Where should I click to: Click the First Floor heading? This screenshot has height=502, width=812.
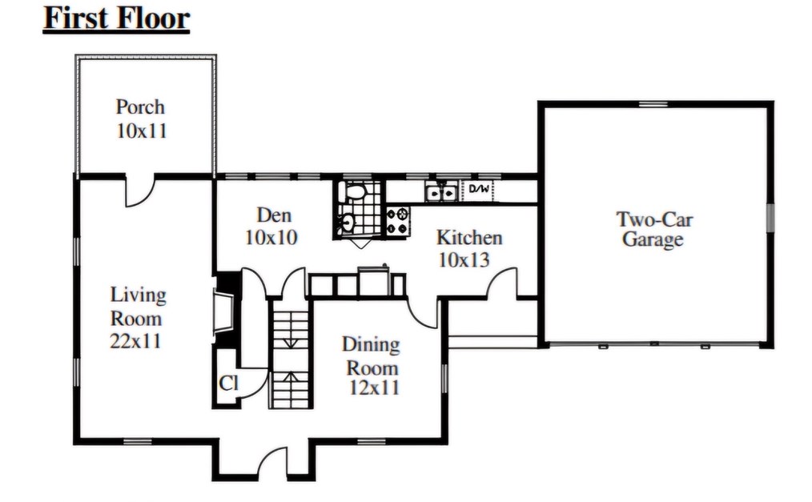coord(117,18)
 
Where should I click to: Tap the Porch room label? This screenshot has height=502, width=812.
coord(140,107)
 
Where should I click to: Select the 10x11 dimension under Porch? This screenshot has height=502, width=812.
coord(142,131)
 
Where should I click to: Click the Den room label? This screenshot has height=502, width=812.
coord(274,215)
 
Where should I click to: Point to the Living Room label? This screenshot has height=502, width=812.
coord(138,307)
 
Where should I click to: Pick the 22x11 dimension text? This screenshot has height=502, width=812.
coord(135,341)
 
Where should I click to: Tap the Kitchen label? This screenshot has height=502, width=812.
coord(469,238)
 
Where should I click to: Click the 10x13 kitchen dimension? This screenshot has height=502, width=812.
coord(464,259)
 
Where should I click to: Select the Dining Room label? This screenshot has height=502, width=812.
coord(371,356)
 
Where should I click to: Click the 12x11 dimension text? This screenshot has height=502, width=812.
coord(375,388)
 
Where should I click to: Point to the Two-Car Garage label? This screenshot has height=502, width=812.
coord(654,229)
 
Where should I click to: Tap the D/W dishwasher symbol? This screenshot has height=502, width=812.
coord(479,190)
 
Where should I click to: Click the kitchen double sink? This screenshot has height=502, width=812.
coord(441,191)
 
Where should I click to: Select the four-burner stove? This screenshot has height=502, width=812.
coord(398,221)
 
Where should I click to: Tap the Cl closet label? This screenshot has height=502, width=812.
coord(228,384)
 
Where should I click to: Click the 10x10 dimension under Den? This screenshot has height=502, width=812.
coord(271,238)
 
